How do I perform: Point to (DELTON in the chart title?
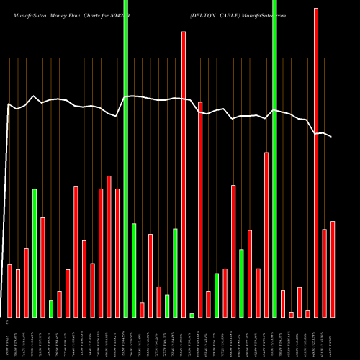pyautogui.click(x=204, y=13)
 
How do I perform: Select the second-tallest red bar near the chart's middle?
pyautogui.click(x=184, y=173)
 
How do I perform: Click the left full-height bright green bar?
pyautogui.click(x=126, y=158)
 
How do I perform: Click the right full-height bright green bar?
pyautogui.click(x=274, y=158)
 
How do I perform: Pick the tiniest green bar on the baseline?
pyautogui.click(x=192, y=315)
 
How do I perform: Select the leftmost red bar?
pyautogui.click(x=10, y=290)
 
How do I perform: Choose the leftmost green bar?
pyautogui.click(x=35, y=252)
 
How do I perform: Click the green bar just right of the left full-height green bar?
pyautogui.click(x=134, y=270)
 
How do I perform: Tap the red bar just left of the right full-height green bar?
pyautogui.click(x=266, y=234)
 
